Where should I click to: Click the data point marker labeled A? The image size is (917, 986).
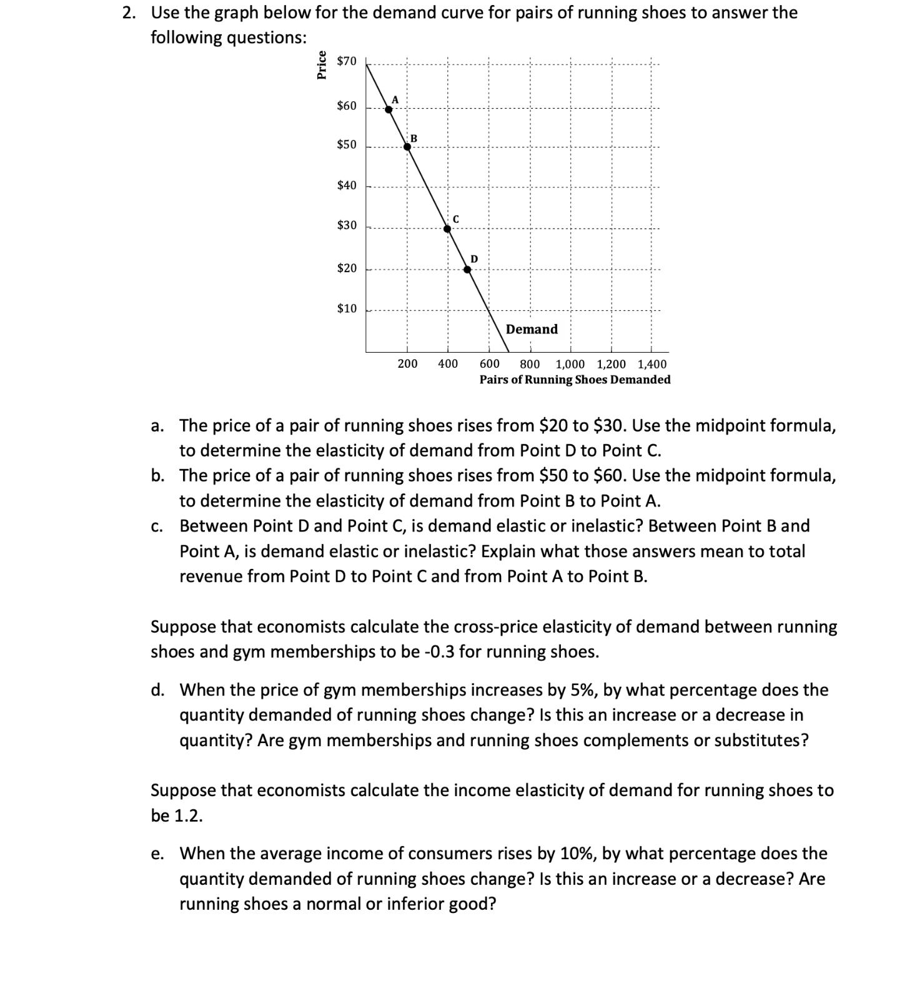(389, 109)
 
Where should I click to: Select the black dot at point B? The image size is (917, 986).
(407, 147)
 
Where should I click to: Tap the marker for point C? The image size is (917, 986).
(447, 229)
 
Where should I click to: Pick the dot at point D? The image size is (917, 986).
(467, 270)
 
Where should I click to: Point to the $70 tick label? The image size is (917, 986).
(346, 61)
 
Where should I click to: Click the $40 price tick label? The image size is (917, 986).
(346, 185)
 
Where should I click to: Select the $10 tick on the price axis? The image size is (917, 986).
(346, 308)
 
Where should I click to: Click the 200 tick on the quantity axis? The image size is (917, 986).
(407, 364)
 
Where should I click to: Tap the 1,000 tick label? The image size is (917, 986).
(570, 364)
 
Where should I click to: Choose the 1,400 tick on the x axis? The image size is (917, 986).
(652, 364)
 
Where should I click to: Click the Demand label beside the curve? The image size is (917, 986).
(532, 329)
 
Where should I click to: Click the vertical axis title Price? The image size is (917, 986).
(322, 64)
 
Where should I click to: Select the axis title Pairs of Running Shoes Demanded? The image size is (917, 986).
(575, 380)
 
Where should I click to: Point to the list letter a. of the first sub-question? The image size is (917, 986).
(157, 426)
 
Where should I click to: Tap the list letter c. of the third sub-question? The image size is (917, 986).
(157, 526)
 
